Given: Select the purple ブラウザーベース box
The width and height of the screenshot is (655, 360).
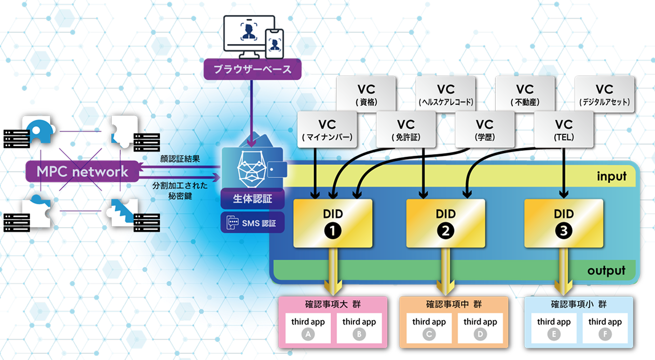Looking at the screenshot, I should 252,68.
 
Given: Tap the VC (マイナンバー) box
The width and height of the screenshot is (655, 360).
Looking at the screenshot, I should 327,130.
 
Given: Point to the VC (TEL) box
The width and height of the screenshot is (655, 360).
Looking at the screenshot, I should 564,130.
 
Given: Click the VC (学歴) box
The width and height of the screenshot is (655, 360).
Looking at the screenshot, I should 484,130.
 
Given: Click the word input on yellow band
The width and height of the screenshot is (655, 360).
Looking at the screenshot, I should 611,176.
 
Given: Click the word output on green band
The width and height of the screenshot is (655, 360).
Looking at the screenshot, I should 606,270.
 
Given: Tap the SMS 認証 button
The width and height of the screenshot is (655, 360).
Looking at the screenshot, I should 253,223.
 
